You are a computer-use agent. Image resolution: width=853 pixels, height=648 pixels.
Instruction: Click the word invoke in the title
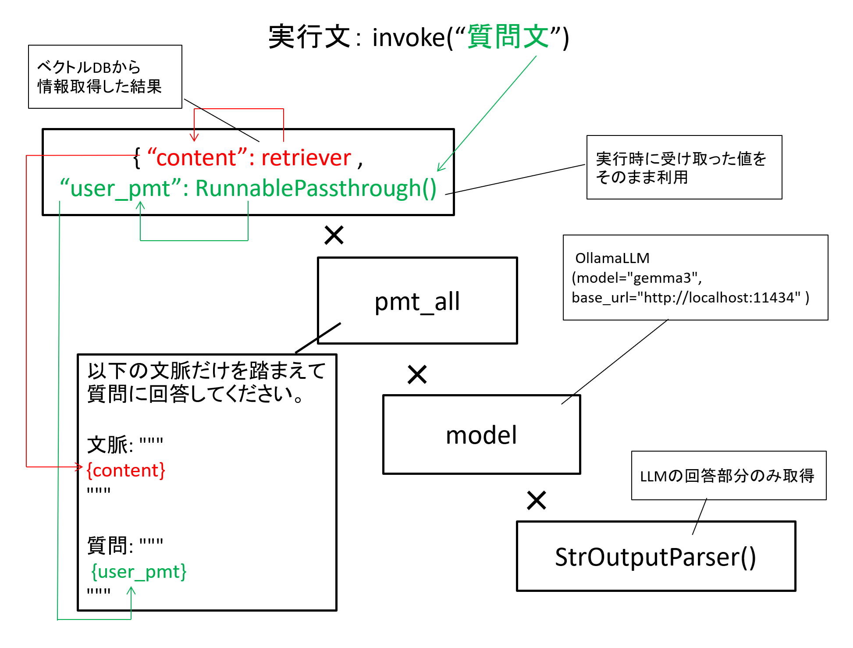(409, 37)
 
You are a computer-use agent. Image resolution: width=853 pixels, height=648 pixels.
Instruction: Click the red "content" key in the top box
(196, 157)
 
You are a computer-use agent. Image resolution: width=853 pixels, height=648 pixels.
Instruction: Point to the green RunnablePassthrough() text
(316, 189)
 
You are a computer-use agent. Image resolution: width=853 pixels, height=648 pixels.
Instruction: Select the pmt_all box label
(417, 302)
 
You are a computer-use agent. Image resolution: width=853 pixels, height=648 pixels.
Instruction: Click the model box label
(481, 435)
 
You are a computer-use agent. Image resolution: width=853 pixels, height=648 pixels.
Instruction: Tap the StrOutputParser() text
(656, 557)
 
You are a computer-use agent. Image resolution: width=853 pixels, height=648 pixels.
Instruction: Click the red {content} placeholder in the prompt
(126, 470)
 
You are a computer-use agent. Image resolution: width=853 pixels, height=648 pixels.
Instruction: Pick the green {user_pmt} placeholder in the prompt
(139, 572)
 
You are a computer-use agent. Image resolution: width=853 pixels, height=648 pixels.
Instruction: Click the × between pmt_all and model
(417, 374)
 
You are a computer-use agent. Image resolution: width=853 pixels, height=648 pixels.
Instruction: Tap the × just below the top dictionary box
(334, 235)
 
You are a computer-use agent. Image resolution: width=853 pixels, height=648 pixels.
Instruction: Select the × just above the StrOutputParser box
(537, 500)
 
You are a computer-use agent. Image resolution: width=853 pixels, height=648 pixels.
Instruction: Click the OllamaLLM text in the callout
(612, 258)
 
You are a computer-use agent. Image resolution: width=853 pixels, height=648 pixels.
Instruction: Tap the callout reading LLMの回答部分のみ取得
(727, 476)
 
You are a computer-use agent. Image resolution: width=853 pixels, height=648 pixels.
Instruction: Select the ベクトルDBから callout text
(89, 68)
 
